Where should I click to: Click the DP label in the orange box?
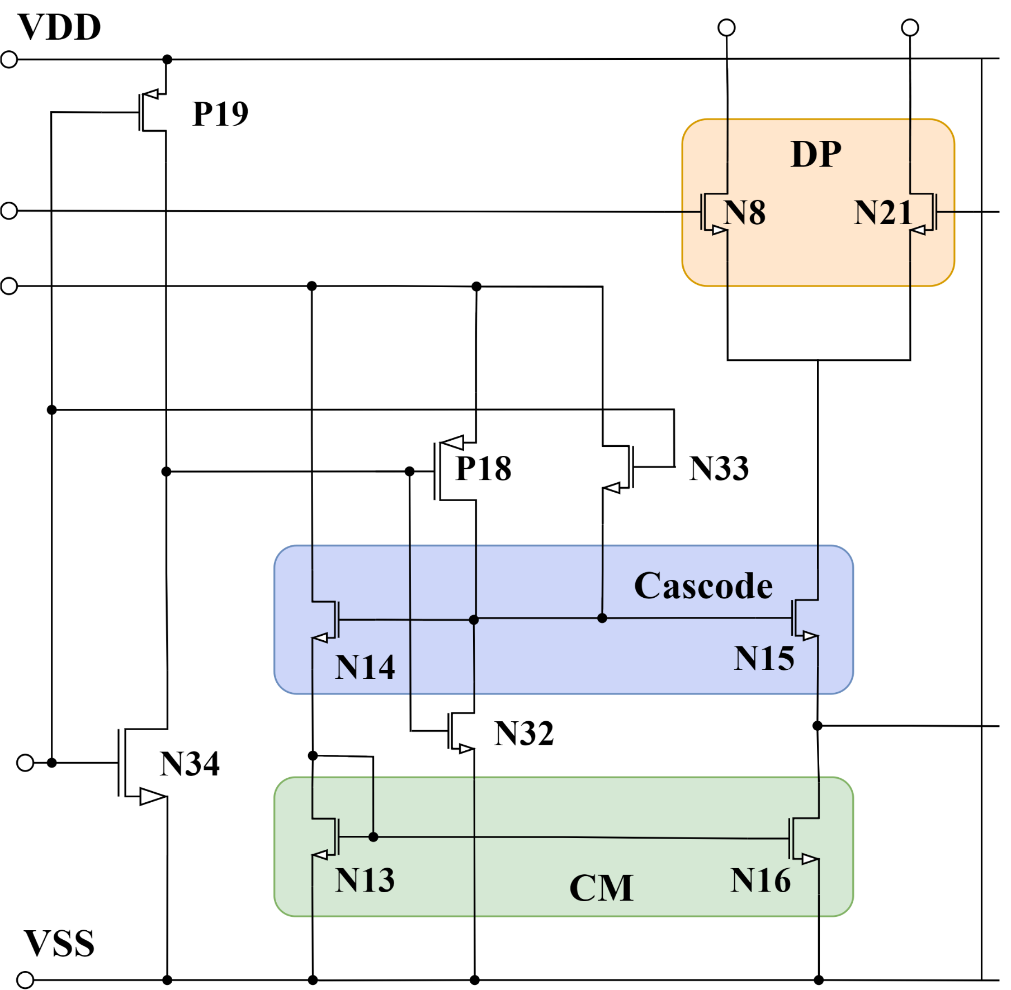[x=815, y=154]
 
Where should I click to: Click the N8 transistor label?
[x=744, y=213]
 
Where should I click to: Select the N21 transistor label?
[x=883, y=213]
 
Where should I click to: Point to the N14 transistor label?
[x=365, y=667]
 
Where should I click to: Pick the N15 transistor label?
[x=764, y=658]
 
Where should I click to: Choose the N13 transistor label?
[x=365, y=880]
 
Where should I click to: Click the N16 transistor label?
[x=760, y=880]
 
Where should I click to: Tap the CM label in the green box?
[x=601, y=888]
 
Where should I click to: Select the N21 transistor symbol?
[x=924, y=213]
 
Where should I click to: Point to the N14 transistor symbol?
[x=326, y=620]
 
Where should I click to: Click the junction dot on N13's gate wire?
[x=374, y=837]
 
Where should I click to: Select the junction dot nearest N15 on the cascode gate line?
[x=602, y=618]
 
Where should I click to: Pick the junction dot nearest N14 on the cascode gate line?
[x=474, y=620]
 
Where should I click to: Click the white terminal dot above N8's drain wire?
[x=726, y=28]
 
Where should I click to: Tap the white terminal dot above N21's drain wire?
[x=910, y=28]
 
